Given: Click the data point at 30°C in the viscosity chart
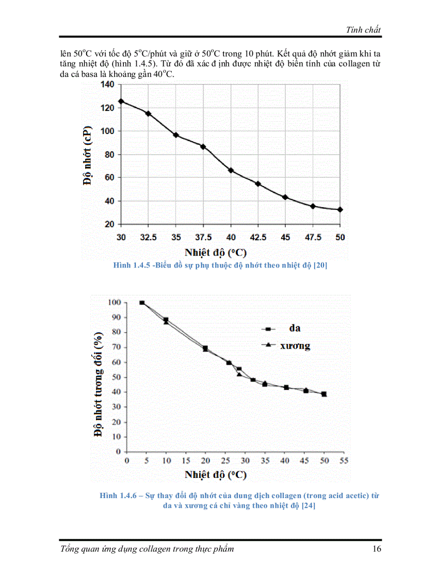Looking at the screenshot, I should (x=121, y=101).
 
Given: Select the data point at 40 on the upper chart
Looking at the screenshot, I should (x=231, y=170).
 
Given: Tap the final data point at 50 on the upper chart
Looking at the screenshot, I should (x=340, y=209).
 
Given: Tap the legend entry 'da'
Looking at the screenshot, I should (x=294, y=328).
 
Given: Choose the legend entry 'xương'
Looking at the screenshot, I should (x=295, y=345).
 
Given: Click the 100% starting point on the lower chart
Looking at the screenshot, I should (x=142, y=303).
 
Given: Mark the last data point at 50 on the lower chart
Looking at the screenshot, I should (x=324, y=394).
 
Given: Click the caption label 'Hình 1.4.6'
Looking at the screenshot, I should (x=117, y=495).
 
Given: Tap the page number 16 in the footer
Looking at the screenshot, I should (x=377, y=549).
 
